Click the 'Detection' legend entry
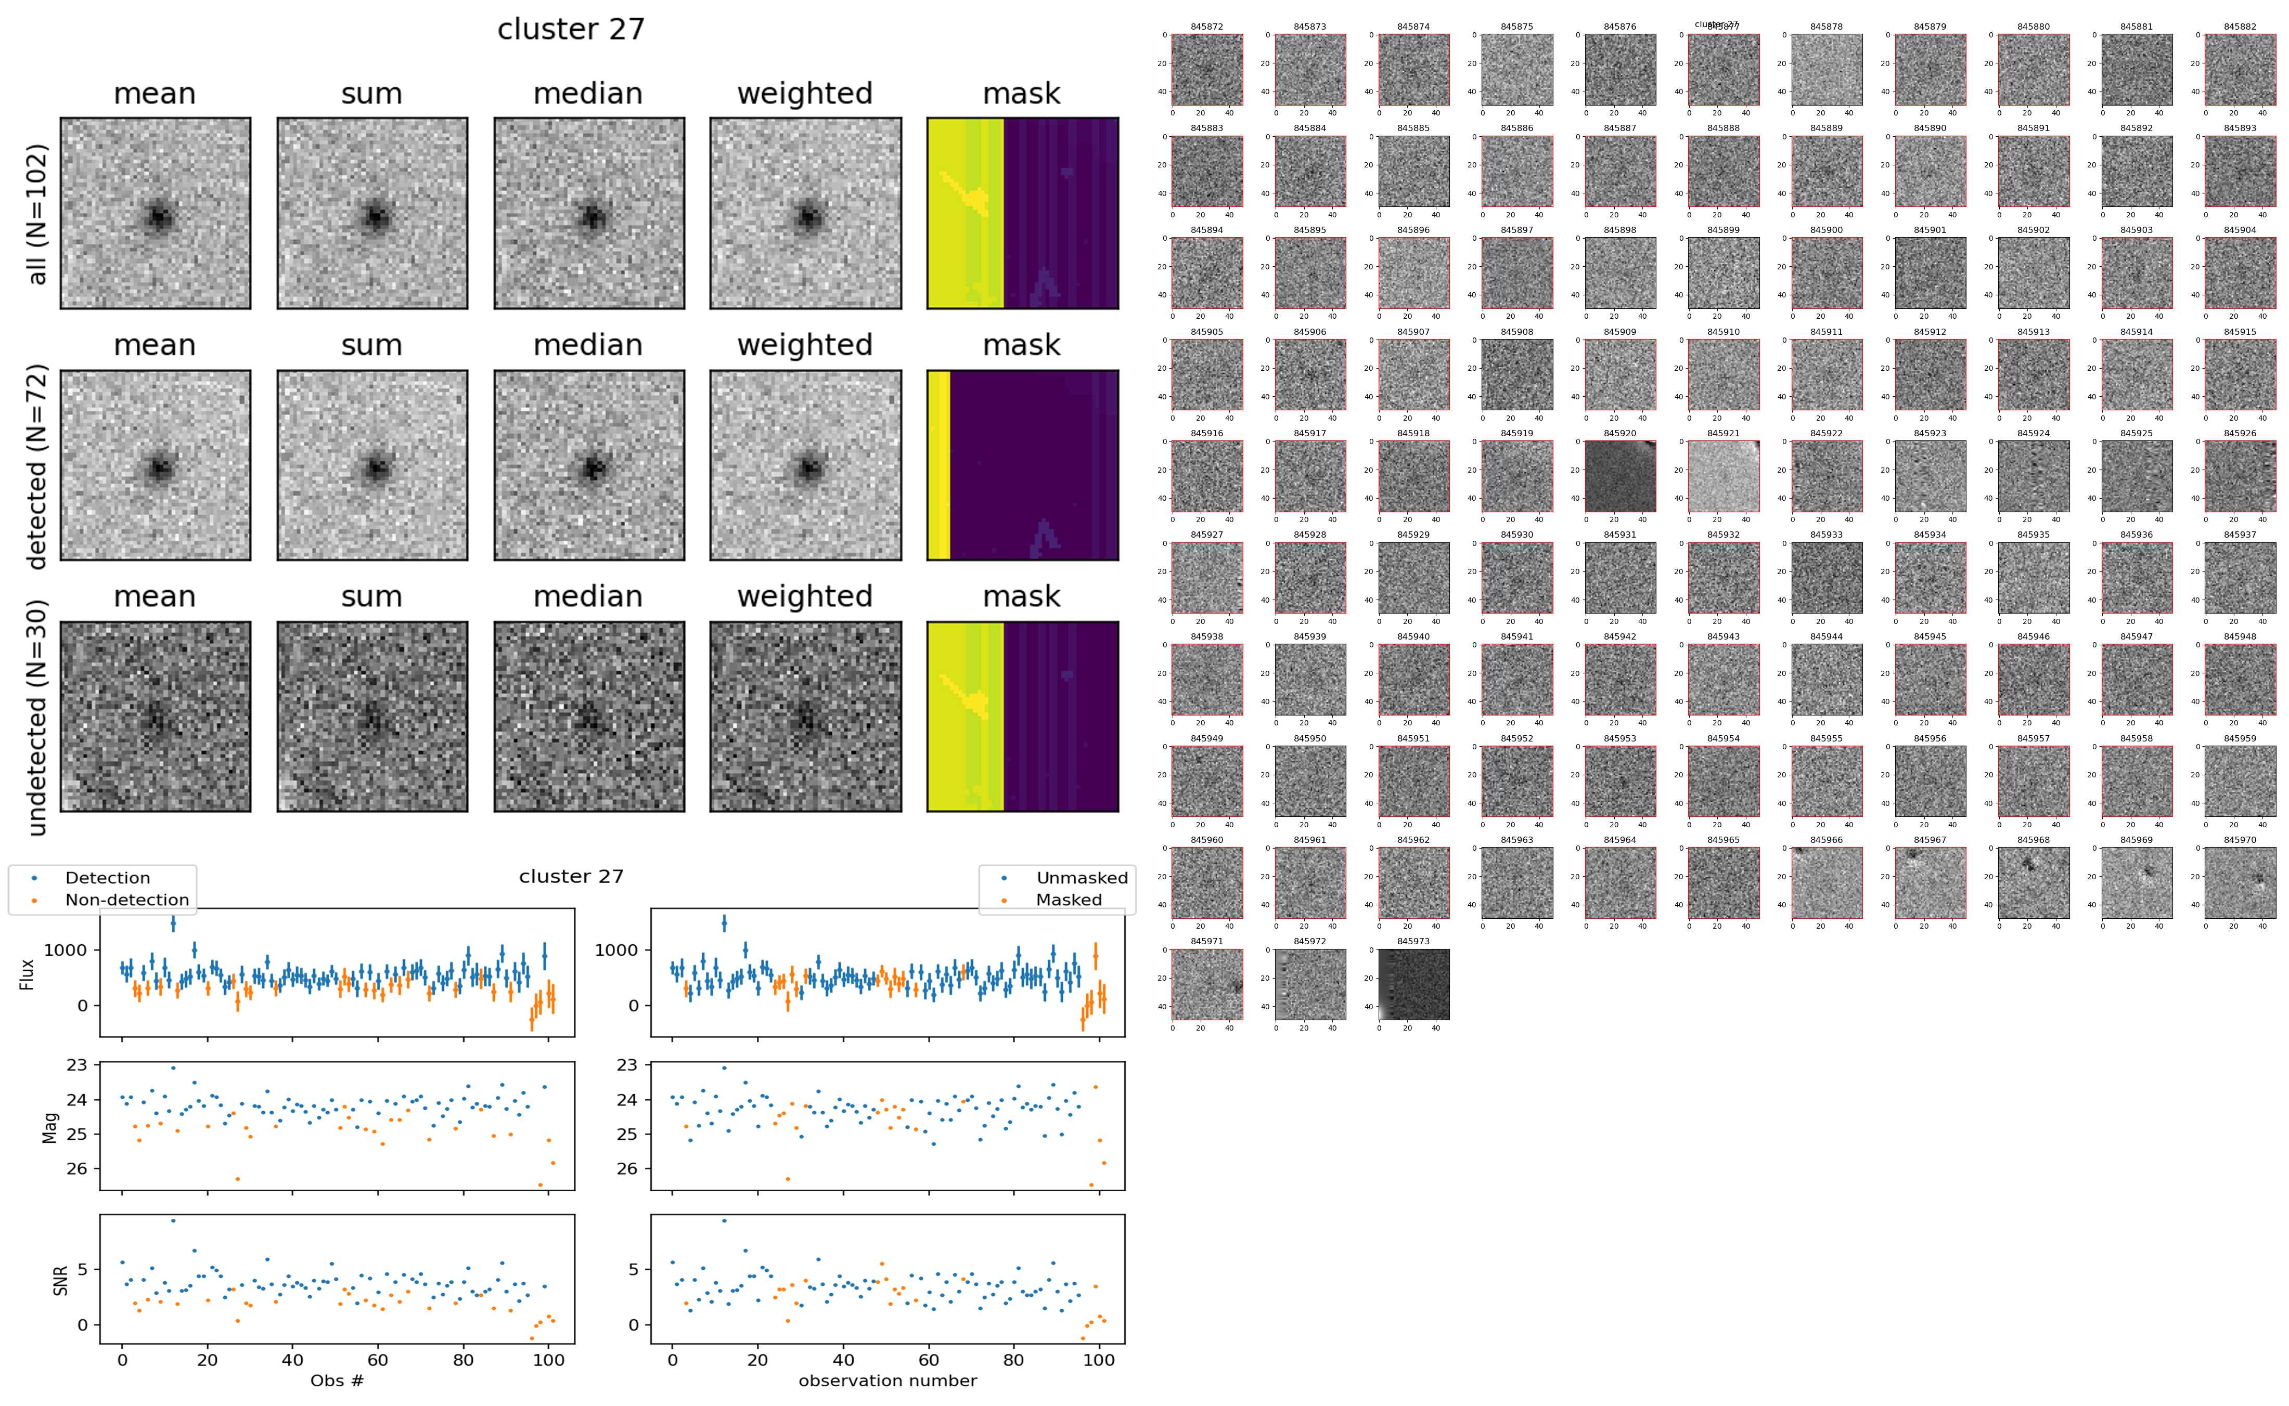(107, 878)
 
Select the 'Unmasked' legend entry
(1082, 878)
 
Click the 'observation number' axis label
(888, 1380)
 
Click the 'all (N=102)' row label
(37, 214)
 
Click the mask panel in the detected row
(1022, 465)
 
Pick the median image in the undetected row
(589, 717)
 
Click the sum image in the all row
(372, 213)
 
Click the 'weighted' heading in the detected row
(805, 345)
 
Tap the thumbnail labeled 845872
(1206, 70)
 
